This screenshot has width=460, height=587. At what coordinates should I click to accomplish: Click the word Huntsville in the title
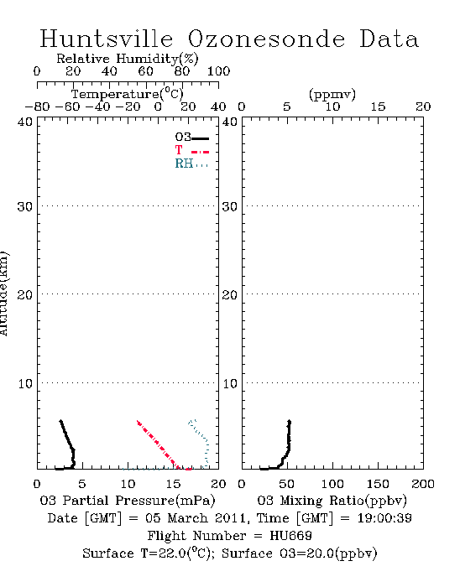(107, 39)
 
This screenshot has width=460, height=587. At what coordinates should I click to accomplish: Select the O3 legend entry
(191, 138)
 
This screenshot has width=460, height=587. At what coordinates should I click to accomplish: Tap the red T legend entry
(191, 150)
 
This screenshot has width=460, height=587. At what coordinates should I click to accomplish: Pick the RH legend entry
(191, 164)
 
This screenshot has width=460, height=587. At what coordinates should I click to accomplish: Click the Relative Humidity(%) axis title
(128, 59)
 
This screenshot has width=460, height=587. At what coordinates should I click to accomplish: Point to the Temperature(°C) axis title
(128, 94)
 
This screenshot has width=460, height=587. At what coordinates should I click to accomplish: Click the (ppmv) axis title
(332, 94)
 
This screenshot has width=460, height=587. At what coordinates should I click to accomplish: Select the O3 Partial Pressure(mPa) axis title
(128, 501)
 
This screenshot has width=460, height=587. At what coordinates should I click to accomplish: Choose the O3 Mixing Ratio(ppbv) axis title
(332, 501)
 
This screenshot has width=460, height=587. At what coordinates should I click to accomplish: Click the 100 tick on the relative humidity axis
(218, 71)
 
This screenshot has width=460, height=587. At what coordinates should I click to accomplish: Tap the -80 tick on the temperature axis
(37, 106)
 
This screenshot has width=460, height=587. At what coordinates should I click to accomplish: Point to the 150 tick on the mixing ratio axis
(378, 484)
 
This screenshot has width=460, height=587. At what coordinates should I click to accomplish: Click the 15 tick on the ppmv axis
(378, 106)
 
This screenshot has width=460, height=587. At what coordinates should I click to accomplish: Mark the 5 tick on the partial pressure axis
(82, 484)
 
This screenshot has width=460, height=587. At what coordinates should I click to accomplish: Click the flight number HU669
(290, 536)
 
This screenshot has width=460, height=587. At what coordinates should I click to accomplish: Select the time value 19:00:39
(384, 518)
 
